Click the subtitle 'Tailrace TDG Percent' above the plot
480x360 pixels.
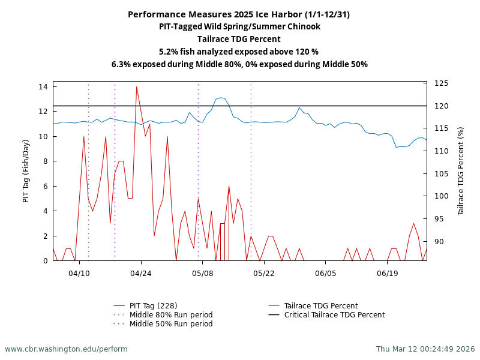pos(239,39)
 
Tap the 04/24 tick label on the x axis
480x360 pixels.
pos(140,273)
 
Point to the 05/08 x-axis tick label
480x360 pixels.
pos(202,273)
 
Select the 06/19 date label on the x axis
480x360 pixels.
pos(387,273)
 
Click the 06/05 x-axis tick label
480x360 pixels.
pos(325,273)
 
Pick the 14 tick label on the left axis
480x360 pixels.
pos(43,87)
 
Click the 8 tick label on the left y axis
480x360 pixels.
pos(46,161)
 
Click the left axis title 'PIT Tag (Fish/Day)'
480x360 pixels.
pos(26,171)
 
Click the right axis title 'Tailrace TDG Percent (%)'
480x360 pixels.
pos(461,171)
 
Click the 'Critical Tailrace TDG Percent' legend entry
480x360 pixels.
pos(334,315)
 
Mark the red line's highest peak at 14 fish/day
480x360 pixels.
pos(136,87)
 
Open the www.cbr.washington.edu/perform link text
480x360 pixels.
pos(66,349)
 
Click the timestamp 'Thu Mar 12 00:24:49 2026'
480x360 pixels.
pos(425,349)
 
